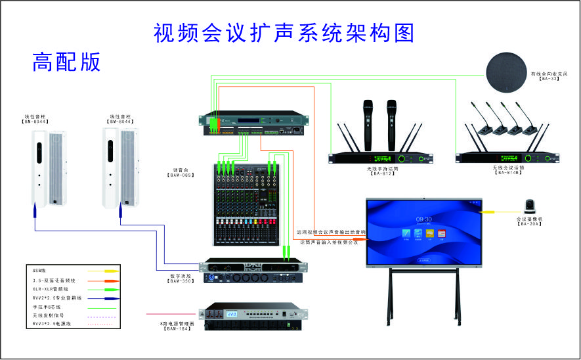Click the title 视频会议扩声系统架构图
(284, 32)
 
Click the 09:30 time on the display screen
(423, 219)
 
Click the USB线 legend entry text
(39, 270)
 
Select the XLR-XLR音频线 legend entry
(50, 288)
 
